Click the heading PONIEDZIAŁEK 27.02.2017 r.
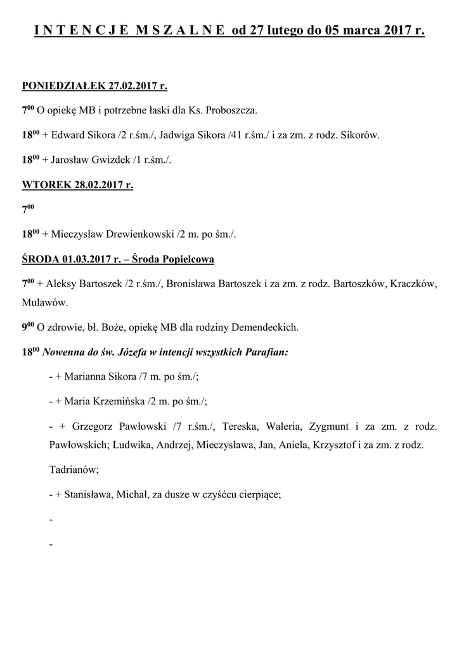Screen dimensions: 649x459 pos(94,86)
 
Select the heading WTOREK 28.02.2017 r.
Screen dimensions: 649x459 pos(77,186)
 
